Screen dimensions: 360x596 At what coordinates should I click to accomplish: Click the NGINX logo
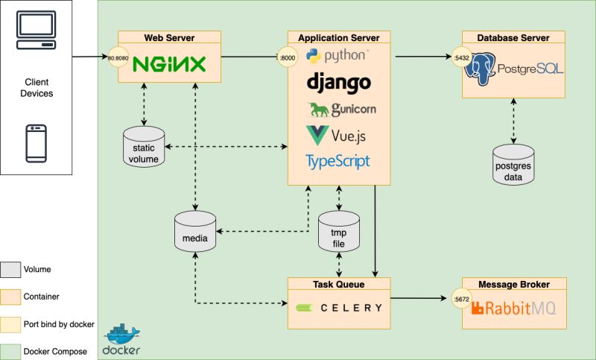point(168,65)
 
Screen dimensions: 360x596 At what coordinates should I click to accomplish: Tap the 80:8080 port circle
point(119,57)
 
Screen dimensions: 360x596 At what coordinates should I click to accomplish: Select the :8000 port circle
point(288,57)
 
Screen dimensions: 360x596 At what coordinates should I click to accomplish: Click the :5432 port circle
point(462,57)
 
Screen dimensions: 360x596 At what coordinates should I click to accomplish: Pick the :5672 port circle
point(462,300)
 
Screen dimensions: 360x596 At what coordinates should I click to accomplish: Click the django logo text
point(338,82)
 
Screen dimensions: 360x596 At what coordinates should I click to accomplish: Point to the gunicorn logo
point(342,110)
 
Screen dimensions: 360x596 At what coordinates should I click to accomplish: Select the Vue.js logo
point(336,136)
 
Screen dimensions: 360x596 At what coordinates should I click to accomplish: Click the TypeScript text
point(337,161)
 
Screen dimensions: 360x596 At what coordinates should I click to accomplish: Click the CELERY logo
point(339,307)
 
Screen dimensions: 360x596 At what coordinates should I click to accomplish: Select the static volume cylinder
point(144,146)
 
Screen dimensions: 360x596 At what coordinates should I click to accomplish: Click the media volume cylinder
point(194,232)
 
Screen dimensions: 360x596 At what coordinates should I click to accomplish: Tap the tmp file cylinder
point(339,231)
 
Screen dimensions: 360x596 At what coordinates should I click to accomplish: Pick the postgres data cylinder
point(513,165)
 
